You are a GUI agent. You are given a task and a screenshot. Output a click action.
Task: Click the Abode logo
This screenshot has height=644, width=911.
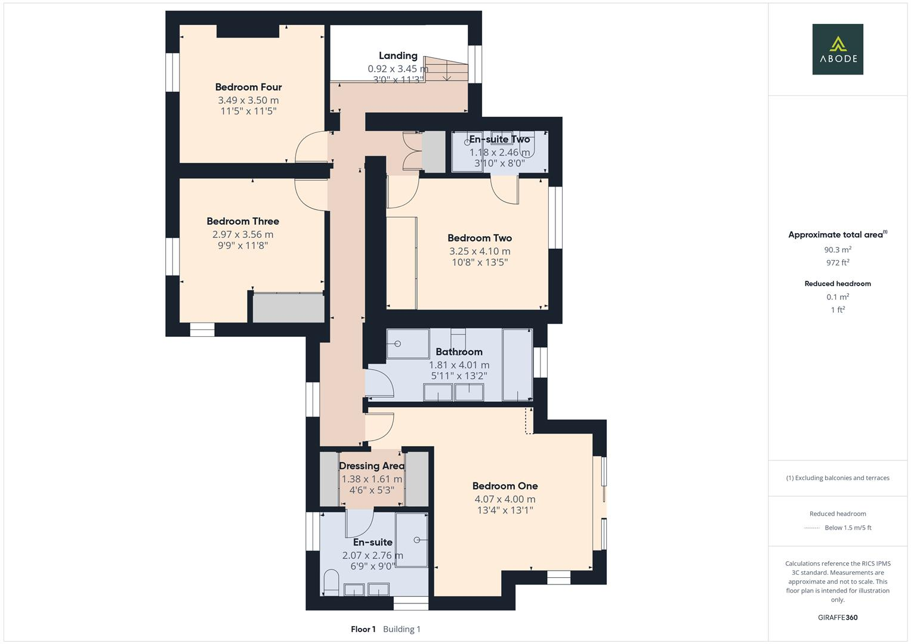point(838,49)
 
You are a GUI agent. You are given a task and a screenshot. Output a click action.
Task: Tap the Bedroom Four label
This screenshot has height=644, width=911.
point(248,87)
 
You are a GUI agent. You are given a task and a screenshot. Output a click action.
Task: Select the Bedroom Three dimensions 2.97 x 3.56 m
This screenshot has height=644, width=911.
point(243,234)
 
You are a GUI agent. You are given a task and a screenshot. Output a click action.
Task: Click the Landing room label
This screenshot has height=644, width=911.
point(398,56)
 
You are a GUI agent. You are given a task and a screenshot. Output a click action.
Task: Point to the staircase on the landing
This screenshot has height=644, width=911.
point(446,69)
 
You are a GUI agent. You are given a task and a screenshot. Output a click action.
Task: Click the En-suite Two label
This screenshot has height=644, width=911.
point(499,140)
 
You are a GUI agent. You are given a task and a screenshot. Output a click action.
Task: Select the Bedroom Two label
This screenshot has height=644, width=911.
point(480,238)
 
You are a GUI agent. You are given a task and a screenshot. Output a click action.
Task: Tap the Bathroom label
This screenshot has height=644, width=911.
point(459,352)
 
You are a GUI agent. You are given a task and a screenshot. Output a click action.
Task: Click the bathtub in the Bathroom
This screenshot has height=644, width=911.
point(517,364)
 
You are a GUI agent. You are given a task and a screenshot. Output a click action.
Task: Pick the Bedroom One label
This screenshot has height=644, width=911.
point(505,486)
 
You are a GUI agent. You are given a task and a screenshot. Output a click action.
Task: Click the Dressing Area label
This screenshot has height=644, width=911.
point(372,466)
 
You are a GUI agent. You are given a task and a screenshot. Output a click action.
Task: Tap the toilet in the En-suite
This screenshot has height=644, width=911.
point(331,582)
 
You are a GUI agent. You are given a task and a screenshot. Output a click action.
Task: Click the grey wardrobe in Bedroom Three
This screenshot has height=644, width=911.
point(288,308)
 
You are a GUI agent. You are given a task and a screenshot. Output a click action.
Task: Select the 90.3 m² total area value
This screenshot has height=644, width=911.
point(838,250)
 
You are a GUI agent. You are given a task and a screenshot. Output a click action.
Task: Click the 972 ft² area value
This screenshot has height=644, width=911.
point(838,262)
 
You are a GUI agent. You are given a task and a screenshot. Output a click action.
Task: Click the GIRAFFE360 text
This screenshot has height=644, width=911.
point(838,617)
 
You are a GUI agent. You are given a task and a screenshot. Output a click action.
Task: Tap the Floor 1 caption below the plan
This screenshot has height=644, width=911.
point(363,629)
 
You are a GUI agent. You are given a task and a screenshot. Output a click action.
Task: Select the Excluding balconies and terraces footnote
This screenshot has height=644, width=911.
point(838,478)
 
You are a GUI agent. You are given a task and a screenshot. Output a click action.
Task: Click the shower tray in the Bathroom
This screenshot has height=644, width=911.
point(407,343)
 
